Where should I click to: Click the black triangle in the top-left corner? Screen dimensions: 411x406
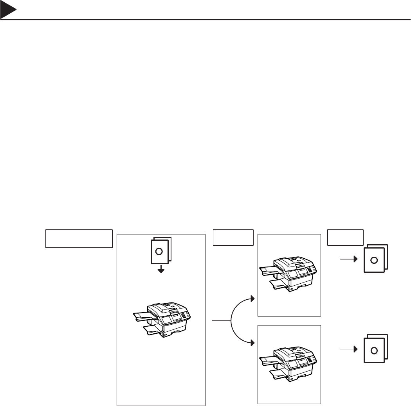pyautogui.click(x=7, y=12)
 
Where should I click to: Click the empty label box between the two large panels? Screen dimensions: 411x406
pyautogui.click(x=233, y=237)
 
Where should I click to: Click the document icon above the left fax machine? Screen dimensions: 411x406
pyautogui.click(x=160, y=251)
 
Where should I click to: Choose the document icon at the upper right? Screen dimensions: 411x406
pyautogui.click(x=375, y=259)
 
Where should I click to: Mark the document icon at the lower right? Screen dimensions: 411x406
pyautogui.click(x=375, y=349)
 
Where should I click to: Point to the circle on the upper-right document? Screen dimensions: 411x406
pyautogui.click(x=374, y=260)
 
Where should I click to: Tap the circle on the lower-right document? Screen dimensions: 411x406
pyautogui.click(x=374, y=350)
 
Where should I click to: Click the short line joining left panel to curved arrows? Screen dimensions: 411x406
pyautogui.click(x=222, y=321)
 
